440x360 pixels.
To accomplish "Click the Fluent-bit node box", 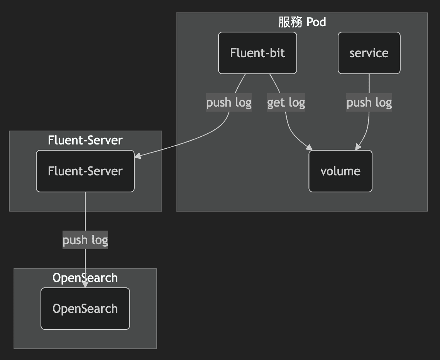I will [x=257, y=53].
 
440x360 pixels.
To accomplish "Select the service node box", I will [x=369, y=53].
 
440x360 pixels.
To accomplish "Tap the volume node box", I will [x=340, y=171].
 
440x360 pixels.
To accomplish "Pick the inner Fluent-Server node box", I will [x=85, y=171].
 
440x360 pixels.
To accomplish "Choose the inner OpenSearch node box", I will [x=85, y=309].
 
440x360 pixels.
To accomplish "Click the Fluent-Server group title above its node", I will [x=85, y=140].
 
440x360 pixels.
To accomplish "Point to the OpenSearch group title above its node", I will [x=85, y=278].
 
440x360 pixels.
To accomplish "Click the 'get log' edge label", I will [x=286, y=102].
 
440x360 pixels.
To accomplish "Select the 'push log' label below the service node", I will [x=369, y=102].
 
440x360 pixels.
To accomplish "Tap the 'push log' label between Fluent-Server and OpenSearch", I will [x=85, y=240].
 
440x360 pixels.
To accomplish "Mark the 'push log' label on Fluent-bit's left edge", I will [x=229, y=102].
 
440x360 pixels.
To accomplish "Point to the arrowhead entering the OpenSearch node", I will [x=85, y=284].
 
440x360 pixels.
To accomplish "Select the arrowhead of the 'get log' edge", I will [x=309, y=148].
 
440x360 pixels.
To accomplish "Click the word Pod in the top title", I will [x=316, y=22].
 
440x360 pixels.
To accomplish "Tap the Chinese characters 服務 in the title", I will [x=290, y=22].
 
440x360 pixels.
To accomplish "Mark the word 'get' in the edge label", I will [x=276, y=102].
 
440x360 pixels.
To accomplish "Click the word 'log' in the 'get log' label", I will [x=296, y=102].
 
